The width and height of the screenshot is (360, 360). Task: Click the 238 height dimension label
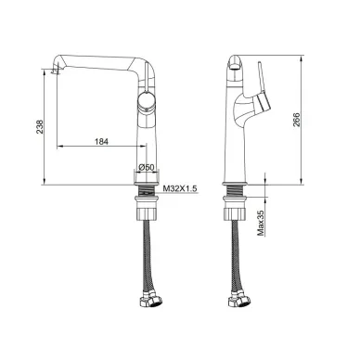click(x=40, y=126)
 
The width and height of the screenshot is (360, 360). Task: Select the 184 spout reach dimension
click(x=101, y=142)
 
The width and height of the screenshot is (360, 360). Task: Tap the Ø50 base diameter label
click(x=146, y=167)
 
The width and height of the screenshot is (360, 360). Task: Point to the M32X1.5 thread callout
click(x=180, y=188)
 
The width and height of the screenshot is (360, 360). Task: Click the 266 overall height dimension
click(x=296, y=121)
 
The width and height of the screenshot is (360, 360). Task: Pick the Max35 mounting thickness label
click(x=262, y=224)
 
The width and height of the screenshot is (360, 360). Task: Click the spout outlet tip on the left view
click(x=55, y=71)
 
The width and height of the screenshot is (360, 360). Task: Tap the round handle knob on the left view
click(x=146, y=100)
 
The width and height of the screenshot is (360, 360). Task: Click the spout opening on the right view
click(x=235, y=66)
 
